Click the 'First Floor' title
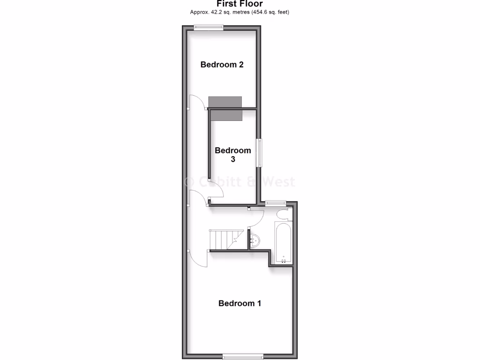pos(240,4)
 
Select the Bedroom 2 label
pos(222,65)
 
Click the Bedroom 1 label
pos(240,303)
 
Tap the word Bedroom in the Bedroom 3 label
pos(233,150)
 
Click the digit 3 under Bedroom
pos(232,159)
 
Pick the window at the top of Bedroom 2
pos(209,27)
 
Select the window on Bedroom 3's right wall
pos(259,152)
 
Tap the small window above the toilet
pos(275,203)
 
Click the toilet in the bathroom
pos(283,215)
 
